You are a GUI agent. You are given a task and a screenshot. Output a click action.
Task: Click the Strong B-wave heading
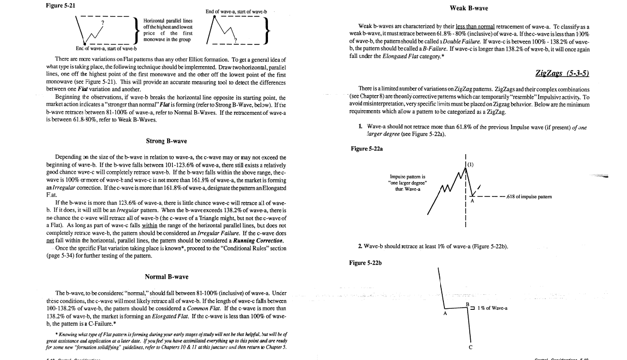click(x=167, y=141)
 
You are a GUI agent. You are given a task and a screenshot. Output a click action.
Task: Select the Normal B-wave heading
click(x=167, y=277)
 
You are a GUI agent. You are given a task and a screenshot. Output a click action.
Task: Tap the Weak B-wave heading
click(x=469, y=8)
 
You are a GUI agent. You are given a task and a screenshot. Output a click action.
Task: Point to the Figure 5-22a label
click(x=367, y=148)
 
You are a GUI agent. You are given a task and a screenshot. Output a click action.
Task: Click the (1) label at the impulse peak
click(x=470, y=164)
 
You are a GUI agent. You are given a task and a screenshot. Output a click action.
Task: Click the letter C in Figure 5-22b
click(x=470, y=348)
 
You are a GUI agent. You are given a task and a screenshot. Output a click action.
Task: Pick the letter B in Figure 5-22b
click(x=467, y=304)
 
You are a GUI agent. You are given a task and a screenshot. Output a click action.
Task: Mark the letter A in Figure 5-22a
click(x=472, y=202)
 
